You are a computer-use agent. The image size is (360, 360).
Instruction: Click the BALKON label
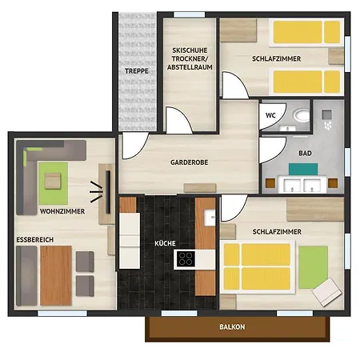[x=232, y=326]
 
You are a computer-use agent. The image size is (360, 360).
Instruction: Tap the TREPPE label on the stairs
[x=137, y=71]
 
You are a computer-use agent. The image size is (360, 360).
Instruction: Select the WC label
[x=270, y=115]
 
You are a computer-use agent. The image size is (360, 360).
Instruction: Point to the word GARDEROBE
[x=190, y=162]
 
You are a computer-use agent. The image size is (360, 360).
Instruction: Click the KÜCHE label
[x=165, y=243]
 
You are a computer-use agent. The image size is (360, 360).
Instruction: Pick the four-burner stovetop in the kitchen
[x=186, y=259]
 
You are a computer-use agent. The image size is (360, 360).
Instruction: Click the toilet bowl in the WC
[x=302, y=116]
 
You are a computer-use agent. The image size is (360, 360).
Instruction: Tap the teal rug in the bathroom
[x=303, y=169]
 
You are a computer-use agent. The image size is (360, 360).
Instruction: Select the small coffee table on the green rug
[x=53, y=181]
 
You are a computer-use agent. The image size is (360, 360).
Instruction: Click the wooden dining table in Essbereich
[x=56, y=275]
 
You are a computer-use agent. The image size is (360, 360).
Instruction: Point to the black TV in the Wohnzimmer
[x=108, y=192]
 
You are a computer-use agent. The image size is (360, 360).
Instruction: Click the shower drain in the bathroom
[x=326, y=114]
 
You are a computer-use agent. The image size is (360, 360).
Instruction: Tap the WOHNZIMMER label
[x=62, y=211]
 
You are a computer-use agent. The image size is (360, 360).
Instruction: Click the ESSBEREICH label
[x=35, y=240]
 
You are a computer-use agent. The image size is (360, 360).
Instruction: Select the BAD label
[x=305, y=154]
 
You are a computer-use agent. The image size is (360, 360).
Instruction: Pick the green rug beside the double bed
[x=313, y=267]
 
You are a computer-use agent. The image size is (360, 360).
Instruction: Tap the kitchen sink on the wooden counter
[x=210, y=218]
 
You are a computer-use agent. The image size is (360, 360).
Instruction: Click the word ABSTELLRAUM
[x=190, y=67]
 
